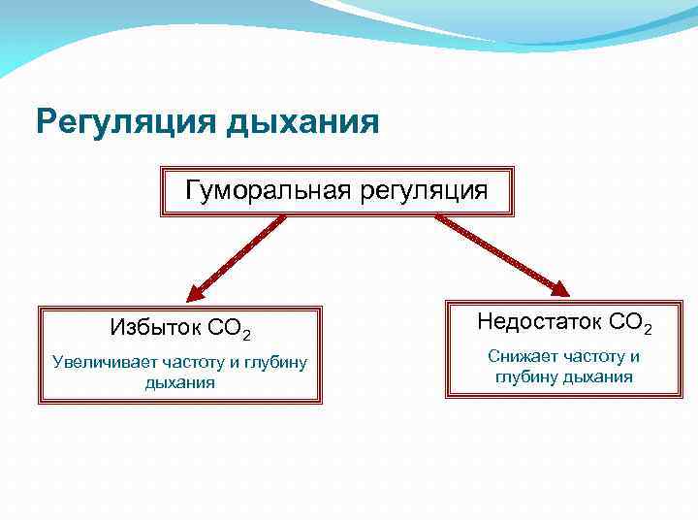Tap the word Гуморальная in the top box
pos(268,189)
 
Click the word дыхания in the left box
pos(179,383)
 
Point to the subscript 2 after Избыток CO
pos(247,335)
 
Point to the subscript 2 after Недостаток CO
pos(648,329)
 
